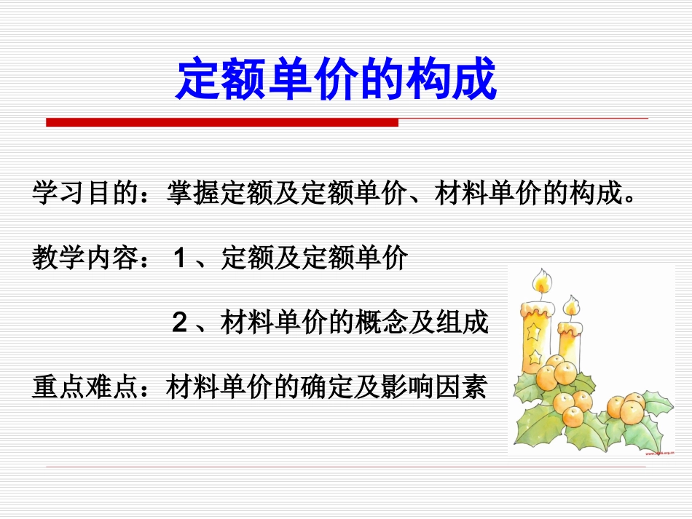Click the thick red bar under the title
pyautogui.click(x=222, y=122)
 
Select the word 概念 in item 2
pyautogui.click(x=394, y=322)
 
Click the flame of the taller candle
pyautogui.click(x=540, y=280)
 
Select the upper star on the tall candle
pyautogui.click(x=536, y=330)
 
